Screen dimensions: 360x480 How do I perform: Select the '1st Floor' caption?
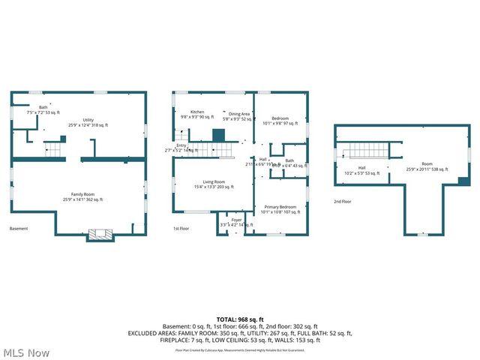coord(181,228)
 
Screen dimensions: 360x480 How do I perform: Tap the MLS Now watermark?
coord(26,352)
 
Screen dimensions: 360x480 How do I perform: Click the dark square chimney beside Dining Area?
coord(219,135)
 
